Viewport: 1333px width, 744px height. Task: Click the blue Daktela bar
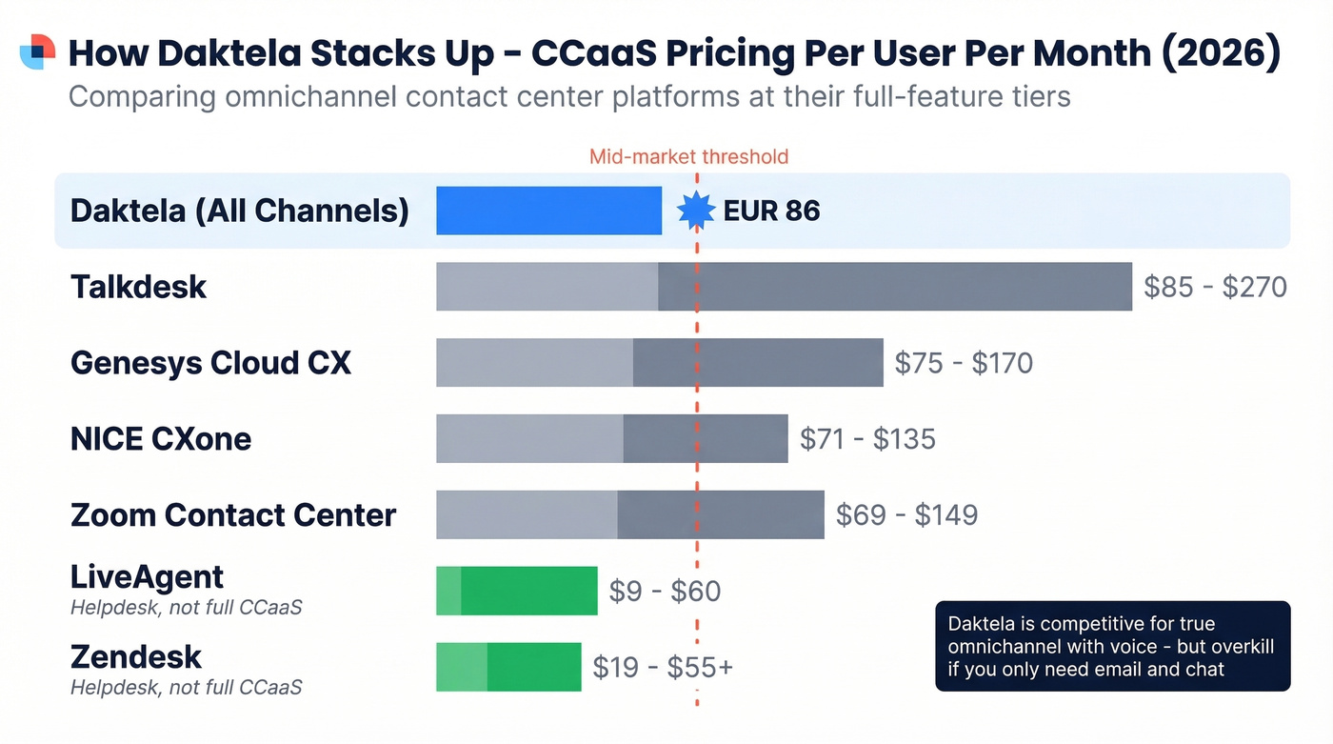pos(548,211)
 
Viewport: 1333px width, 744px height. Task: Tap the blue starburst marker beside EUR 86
pos(696,211)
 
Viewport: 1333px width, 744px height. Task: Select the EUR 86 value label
pos(771,211)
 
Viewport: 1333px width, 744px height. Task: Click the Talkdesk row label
pos(138,287)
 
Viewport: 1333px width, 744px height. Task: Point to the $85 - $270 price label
pos(1215,287)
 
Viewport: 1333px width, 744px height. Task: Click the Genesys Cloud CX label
pos(210,363)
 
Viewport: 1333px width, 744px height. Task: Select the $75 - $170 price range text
pos(964,363)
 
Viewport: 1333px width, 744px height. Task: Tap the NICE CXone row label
pos(161,439)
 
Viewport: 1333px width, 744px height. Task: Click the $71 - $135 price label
pos(867,439)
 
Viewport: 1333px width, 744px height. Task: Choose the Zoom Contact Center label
pos(233,515)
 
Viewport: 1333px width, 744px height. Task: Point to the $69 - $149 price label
pos(906,515)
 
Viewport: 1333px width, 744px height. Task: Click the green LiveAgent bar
pos(517,591)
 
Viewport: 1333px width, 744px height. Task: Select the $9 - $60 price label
pos(665,592)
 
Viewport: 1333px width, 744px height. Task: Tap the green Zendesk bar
pos(508,667)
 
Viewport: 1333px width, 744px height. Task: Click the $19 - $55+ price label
pos(663,668)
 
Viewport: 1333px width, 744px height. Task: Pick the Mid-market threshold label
pos(688,157)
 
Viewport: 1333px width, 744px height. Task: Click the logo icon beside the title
pos(37,51)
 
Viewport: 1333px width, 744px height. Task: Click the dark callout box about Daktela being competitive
pos(1112,646)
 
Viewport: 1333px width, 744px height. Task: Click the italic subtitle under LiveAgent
pos(186,608)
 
